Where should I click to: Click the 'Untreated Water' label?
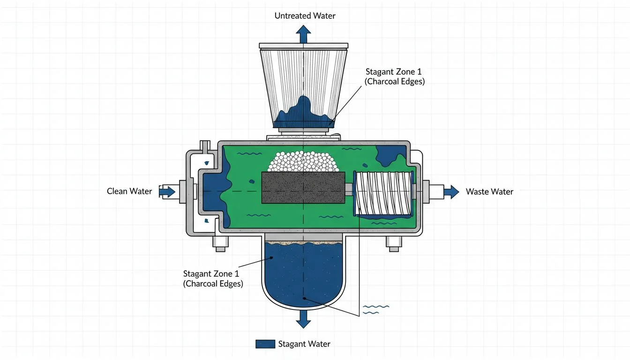(x=305, y=16)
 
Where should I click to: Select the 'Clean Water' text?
(x=129, y=191)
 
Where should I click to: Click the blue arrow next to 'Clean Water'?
(x=167, y=191)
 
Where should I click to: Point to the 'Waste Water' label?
(x=489, y=192)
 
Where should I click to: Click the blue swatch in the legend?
(x=265, y=344)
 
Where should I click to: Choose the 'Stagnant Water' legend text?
(x=304, y=344)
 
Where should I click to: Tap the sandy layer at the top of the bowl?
(x=304, y=242)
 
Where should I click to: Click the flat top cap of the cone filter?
(x=304, y=46)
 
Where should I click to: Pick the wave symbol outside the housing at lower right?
(x=376, y=309)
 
